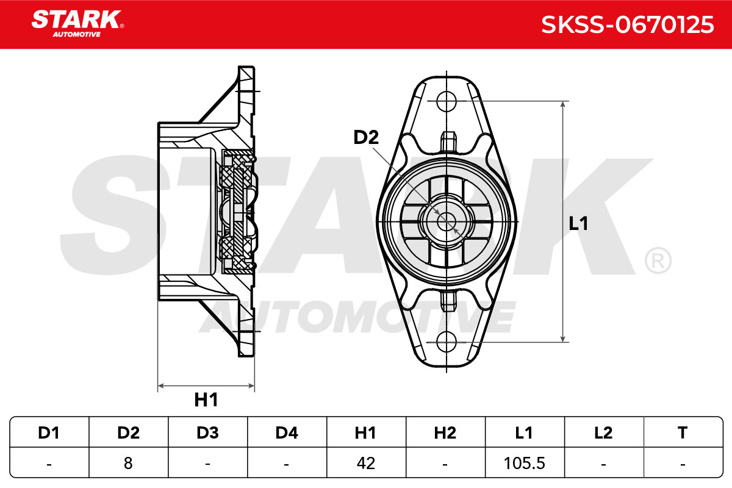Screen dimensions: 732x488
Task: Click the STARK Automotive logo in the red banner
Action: pos(77,24)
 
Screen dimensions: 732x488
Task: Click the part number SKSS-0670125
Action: pos(628,25)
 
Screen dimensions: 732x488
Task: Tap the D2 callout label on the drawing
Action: pos(366,137)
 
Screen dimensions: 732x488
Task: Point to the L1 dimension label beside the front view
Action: pos(578,224)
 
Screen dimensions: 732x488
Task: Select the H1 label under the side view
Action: pos(206,400)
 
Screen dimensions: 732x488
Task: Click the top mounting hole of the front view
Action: pos(447,101)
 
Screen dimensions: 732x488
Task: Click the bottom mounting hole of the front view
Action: pos(447,342)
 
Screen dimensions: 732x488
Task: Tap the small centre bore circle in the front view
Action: pos(447,221)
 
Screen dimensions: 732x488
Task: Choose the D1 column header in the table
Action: pos(49,432)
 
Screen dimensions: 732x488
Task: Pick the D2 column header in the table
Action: pos(129,432)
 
